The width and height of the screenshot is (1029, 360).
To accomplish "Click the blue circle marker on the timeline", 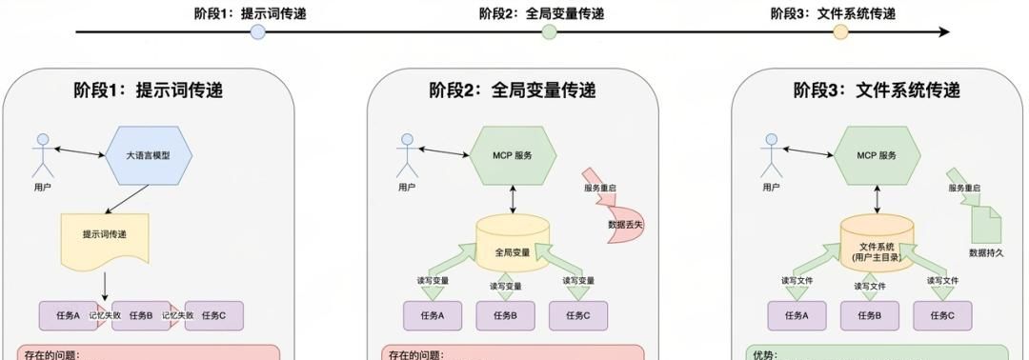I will click(x=257, y=32).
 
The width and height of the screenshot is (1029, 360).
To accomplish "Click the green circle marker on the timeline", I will click(x=549, y=32).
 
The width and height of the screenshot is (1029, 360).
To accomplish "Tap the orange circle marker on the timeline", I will click(x=840, y=32).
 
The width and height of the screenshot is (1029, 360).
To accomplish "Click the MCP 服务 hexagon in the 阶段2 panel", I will click(x=513, y=155).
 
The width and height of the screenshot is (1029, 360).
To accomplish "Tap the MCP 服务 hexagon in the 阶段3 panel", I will click(x=878, y=155).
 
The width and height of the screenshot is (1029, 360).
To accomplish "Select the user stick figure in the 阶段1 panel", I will click(x=41, y=156).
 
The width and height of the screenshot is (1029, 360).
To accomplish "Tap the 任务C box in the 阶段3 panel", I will click(x=941, y=315).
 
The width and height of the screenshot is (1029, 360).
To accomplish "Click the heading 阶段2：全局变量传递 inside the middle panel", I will click(x=513, y=90).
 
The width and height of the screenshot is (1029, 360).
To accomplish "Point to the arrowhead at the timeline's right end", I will click(x=944, y=32).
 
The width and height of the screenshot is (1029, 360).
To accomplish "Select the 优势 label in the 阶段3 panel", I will click(x=765, y=355).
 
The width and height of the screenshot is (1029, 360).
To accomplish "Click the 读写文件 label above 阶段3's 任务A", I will click(x=798, y=282).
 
